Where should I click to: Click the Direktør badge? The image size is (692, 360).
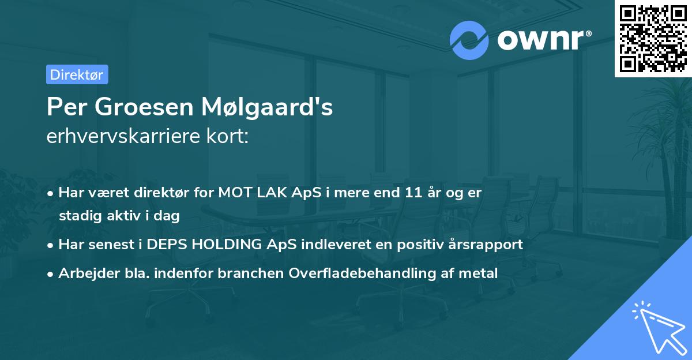click(x=77, y=74)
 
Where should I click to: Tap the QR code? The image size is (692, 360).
click(x=653, y=39)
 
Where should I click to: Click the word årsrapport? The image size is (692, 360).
click(x=487, y=244)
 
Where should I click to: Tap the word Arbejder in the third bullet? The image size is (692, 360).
click(x=84, y=273)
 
